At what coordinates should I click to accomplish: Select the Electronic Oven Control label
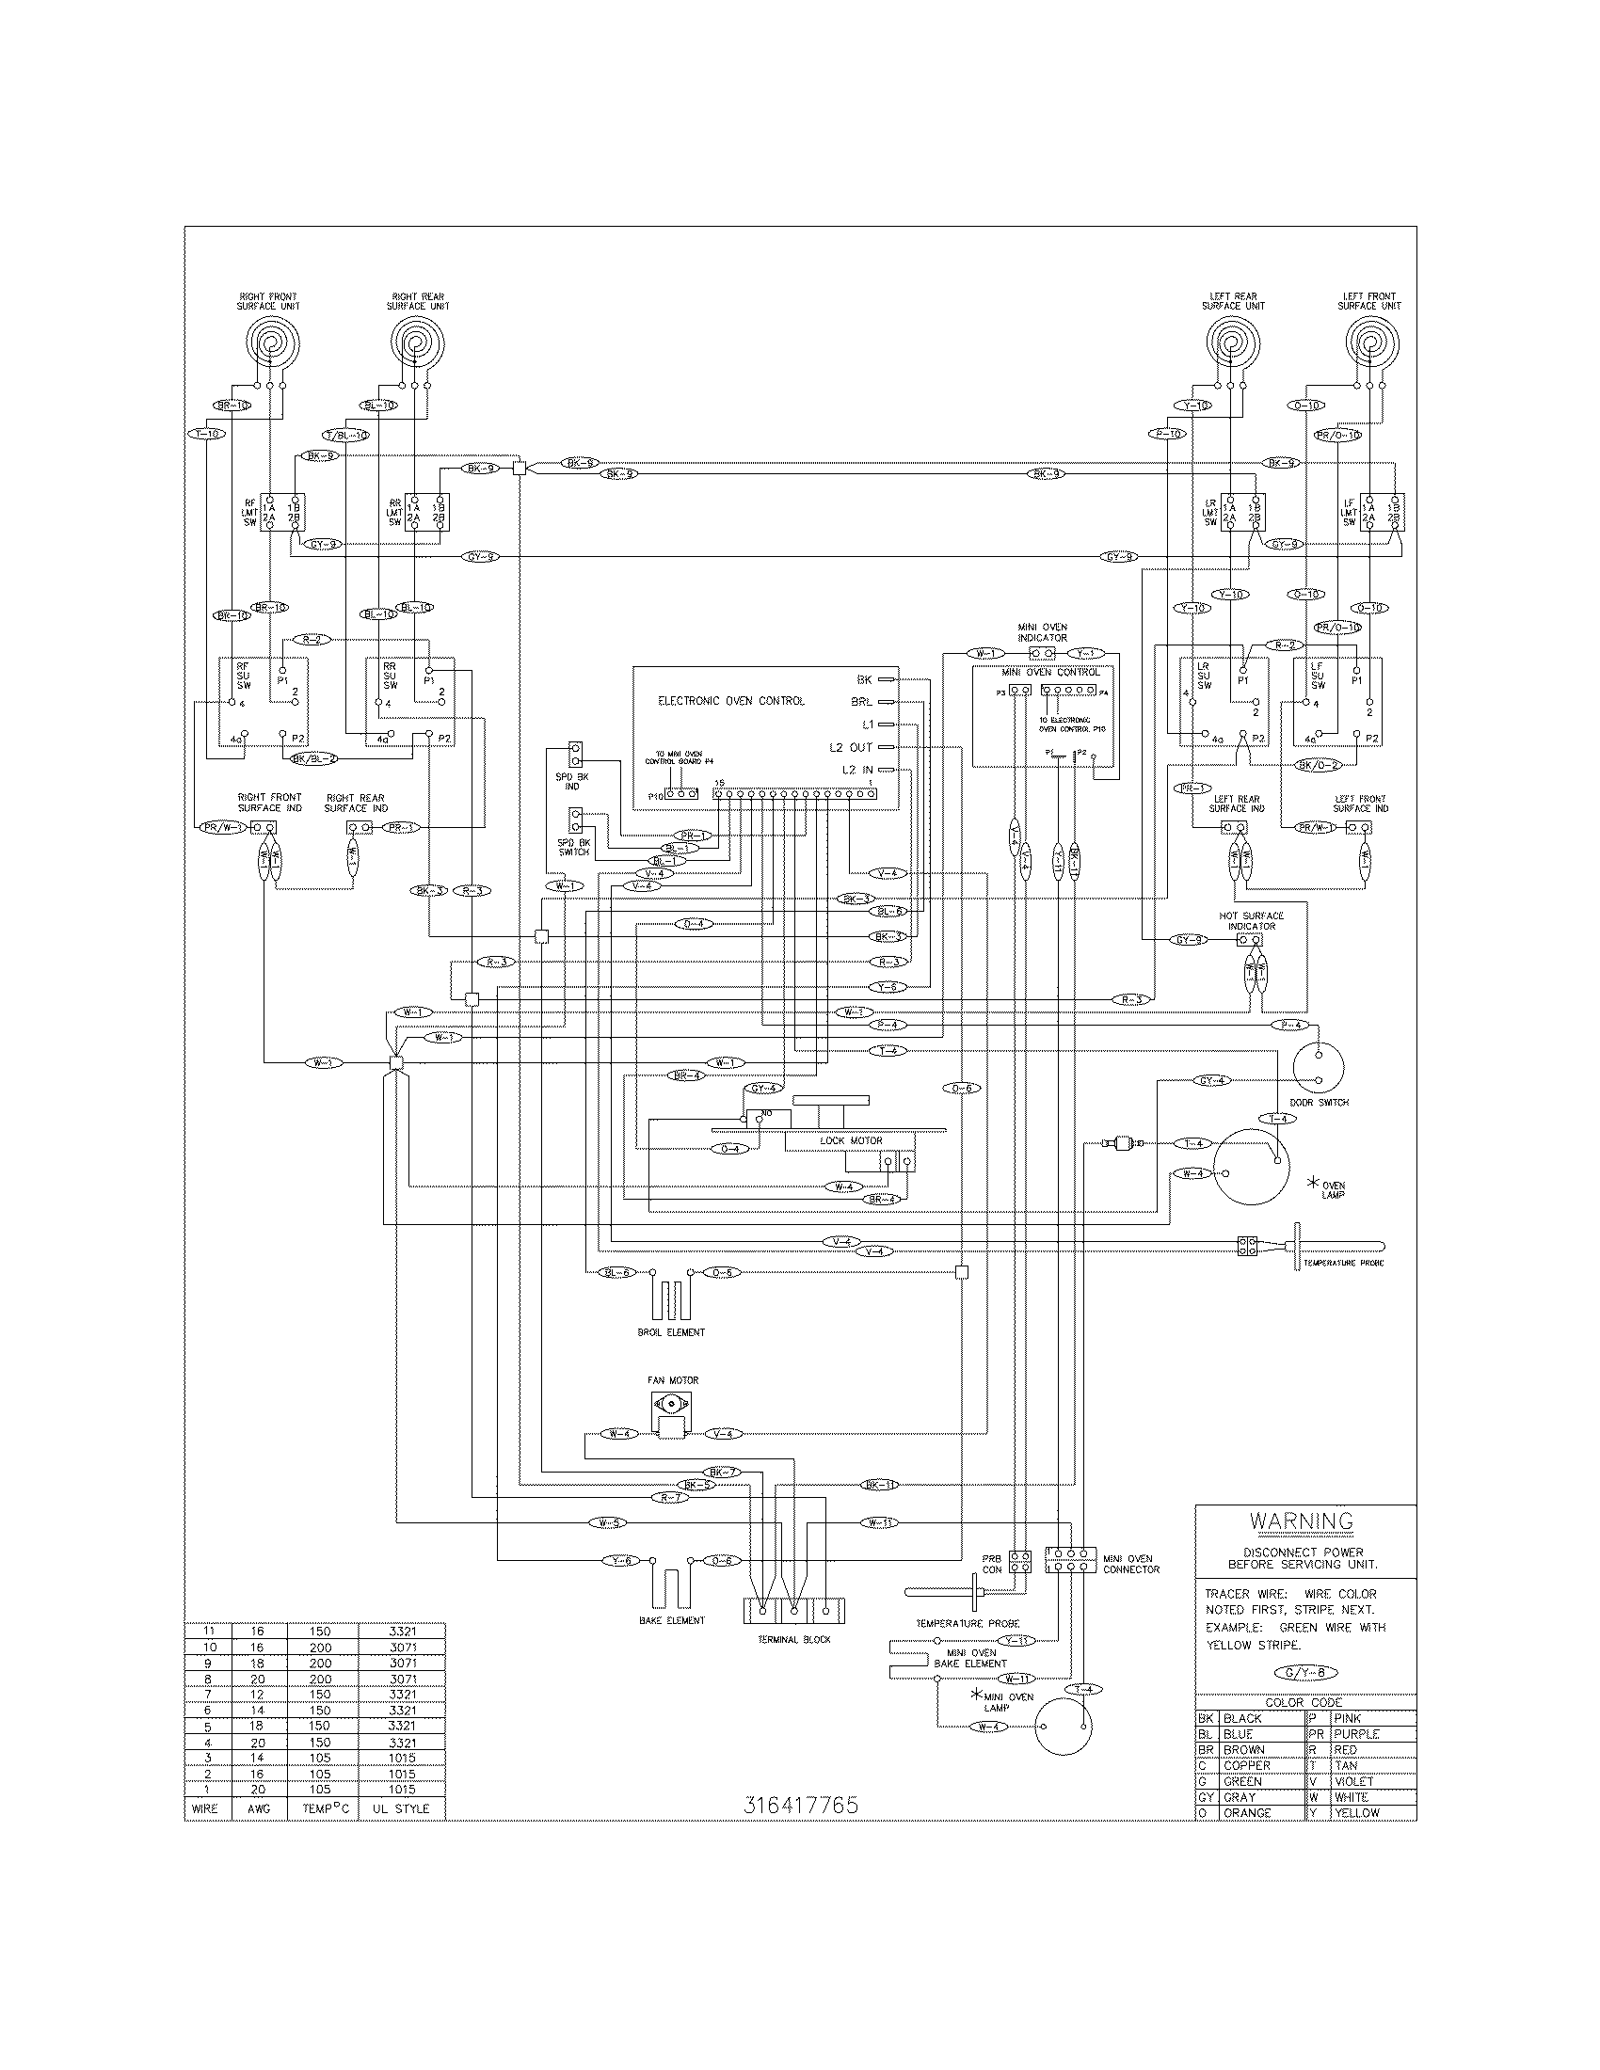(730, 700)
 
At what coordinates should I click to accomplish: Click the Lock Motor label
(850, 1140)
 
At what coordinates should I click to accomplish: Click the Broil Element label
(671, 1331)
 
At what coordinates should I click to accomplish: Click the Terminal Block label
(794, 1639)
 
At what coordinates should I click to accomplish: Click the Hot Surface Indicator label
(1251, 920)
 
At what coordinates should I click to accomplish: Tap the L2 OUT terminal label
(850, 748)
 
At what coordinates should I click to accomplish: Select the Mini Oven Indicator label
(1042, 632)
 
